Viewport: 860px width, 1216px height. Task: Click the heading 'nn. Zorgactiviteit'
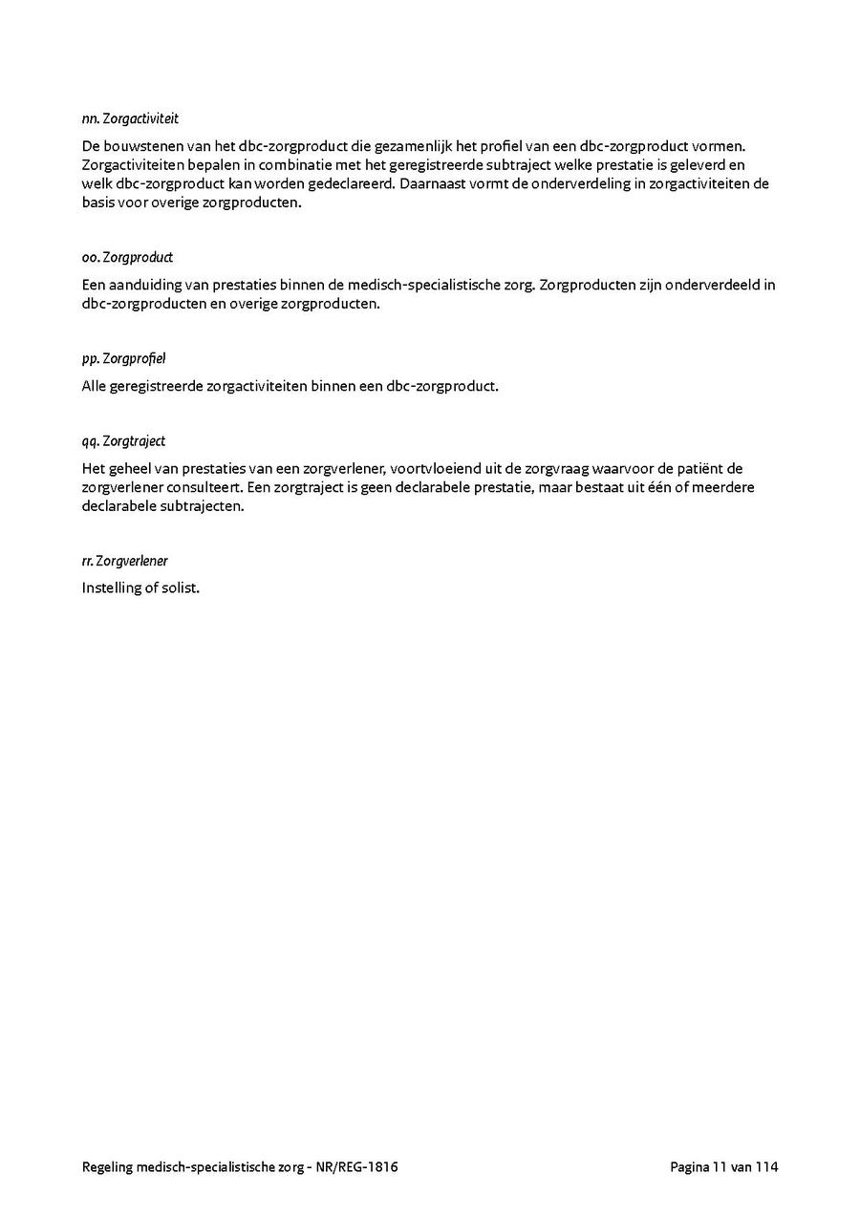pos(130,119)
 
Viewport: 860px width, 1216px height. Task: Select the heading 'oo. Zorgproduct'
pos(127,258)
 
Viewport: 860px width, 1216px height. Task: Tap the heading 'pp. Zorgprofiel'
pos(123,359)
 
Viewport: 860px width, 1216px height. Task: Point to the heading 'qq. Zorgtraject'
pos(123,441)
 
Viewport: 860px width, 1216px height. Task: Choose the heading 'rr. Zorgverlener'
pos(124,561)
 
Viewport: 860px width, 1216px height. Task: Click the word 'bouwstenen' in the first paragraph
pos(140,146)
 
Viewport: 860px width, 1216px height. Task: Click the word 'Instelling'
pos(112,588)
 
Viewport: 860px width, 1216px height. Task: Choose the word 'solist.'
pos(180,588)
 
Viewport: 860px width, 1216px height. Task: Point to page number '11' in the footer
pos(719,1167)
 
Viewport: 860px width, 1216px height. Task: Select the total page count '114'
pos(766,1167)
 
